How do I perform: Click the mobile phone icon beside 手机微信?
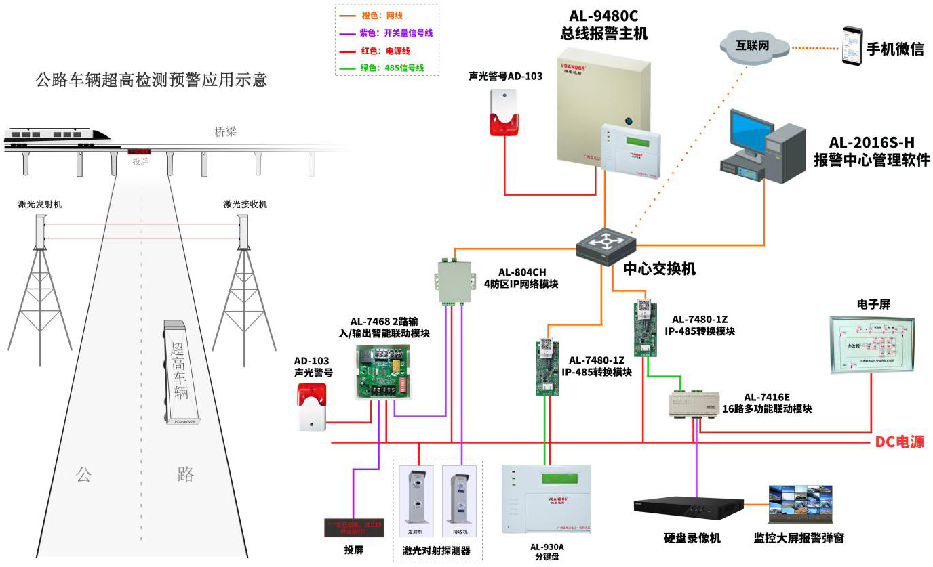[x=852, y=46]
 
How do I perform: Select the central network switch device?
[x=606, y=245]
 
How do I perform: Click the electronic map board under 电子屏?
[x=871, y=343]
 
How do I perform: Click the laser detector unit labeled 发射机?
[x=416, y=498]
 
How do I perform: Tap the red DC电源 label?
[x=899, y=442]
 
